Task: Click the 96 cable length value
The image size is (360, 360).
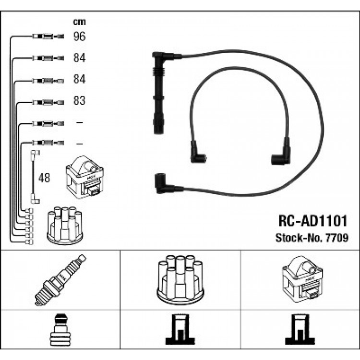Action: [79, 36]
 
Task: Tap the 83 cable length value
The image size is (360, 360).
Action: [79, 101]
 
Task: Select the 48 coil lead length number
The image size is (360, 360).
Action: [44, 178]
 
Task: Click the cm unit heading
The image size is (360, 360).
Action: [79, 22]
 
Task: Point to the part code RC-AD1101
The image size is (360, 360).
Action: [312, 221]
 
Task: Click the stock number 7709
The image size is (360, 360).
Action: [337, 238]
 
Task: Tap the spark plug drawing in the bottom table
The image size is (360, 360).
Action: [60, 280]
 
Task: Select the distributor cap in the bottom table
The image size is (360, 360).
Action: [180, 280]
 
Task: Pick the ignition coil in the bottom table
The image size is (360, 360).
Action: [302, 279]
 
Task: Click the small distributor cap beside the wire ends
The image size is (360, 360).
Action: [65, 226]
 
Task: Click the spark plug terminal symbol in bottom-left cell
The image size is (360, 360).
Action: [60, 330]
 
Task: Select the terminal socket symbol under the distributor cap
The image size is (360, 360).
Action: [180, 330]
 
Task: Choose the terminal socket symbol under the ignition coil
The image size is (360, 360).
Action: [300, 330]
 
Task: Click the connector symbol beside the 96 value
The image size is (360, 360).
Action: [48, 36]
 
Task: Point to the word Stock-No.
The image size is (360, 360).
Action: [300, 238]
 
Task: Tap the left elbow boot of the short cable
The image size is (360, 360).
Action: [197, 153]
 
